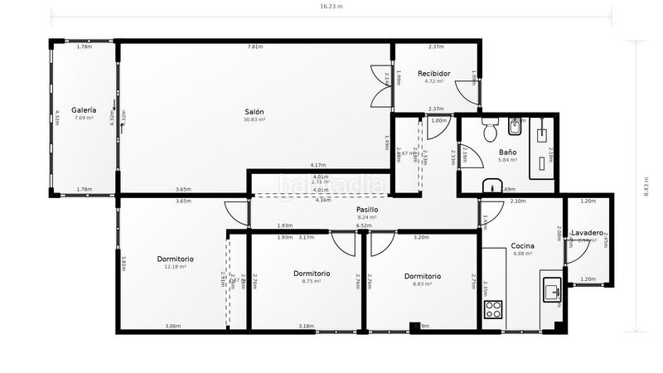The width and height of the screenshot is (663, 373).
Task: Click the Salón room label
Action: click(x=254, y=112)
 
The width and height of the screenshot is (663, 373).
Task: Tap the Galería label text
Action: click(x=84, y=110)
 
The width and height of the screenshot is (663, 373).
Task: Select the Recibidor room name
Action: click(x=433, y=73)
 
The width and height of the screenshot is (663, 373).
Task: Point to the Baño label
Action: click(x=507, y=153)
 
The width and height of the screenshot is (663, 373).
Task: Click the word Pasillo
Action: click(x=367, y=211)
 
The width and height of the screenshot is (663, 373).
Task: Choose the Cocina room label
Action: click(x=522, y=245)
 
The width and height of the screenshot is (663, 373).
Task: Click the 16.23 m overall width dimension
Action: click(x=331, y=5)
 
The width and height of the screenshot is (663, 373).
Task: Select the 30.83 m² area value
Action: click(x=254, y=120)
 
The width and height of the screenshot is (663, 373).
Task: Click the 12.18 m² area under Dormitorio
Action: click(x=175, y=267)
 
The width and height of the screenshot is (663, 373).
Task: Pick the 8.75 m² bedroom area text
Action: click(x=312, y=282)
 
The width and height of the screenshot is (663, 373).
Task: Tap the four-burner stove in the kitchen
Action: click(x=493, y=311)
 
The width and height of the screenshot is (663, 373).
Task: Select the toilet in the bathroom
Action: click(x=490, y=130)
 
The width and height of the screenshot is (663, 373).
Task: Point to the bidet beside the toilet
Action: click(x=515, y=127)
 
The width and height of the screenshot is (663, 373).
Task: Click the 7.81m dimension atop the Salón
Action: click(x=255, y=47)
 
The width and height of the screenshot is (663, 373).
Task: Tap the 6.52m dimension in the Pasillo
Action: click(x=363, y=225)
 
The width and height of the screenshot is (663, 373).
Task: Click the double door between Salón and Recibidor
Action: click(x=381, y=87)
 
